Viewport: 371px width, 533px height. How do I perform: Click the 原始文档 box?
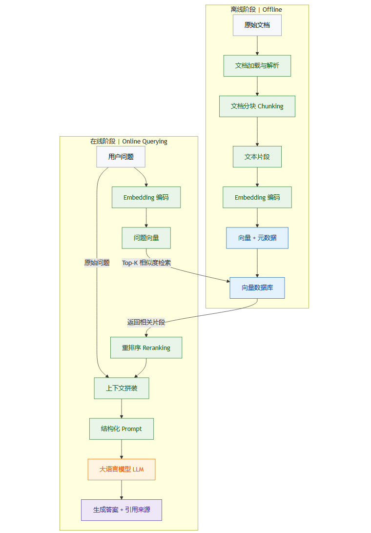tap(257, 25)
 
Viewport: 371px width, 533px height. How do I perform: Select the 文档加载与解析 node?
tap(257, 65)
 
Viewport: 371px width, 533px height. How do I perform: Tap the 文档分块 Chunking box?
tap(257, 106)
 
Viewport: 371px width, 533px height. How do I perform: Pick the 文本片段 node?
tap(257, 157)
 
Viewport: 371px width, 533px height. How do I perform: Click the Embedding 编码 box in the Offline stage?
tap(257, 197)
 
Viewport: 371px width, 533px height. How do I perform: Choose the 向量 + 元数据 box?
tap(257, 238)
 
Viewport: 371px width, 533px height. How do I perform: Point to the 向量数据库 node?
tap(257, 288)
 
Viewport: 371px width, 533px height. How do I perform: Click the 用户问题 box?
tap(121, 157)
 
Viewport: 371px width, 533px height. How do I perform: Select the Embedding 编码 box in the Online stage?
tap(146, 197)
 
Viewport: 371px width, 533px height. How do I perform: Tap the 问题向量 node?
tap(146, 238)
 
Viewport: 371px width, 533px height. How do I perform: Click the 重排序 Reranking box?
tap(146, 348)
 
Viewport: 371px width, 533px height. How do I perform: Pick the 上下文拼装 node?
tap(122, 388)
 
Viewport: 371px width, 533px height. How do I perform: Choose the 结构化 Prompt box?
tap(122, 429)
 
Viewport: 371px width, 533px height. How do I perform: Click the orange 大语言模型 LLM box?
tap(122, 469)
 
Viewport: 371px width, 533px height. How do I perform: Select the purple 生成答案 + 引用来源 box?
tap(122, 510)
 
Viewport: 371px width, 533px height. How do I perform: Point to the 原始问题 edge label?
tap(97, 263)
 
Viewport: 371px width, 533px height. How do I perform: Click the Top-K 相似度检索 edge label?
tap(146, 263)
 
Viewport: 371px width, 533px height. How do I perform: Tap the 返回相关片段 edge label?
tap(146, 322)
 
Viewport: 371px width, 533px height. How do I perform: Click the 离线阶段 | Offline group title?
tap(256, 9)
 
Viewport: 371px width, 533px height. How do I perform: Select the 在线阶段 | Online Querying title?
tap(129, 141)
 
